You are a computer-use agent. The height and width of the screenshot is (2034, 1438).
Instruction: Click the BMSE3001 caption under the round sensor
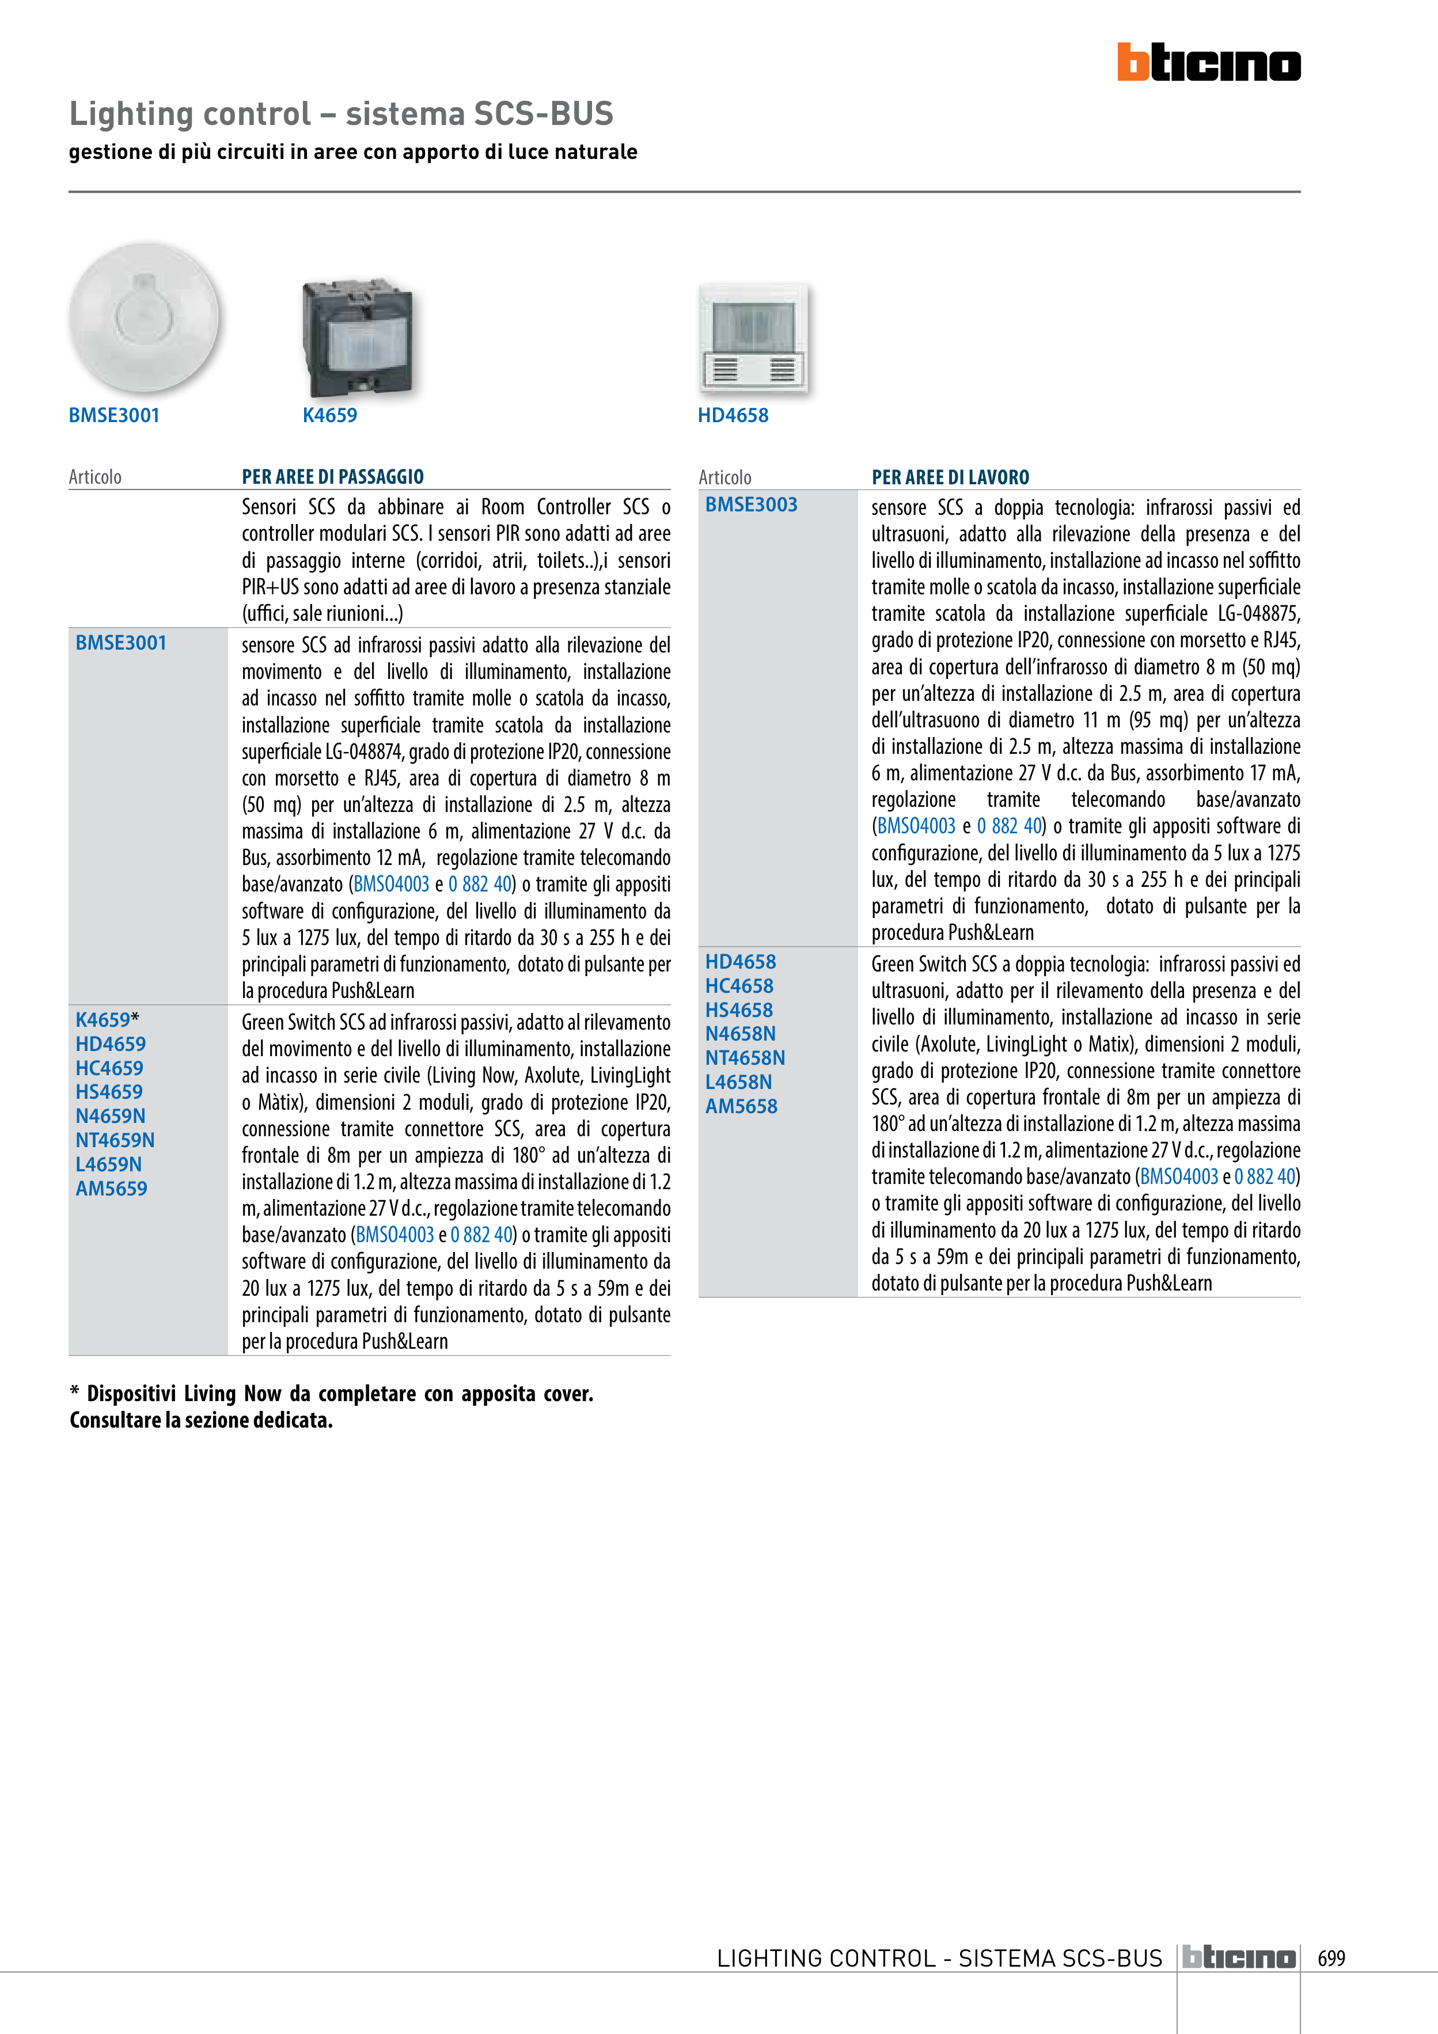coord(114,415)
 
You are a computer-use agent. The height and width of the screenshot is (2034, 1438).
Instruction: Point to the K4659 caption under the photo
coord(329,415)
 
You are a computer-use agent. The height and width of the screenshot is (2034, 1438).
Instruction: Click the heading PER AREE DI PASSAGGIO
coord(332,477)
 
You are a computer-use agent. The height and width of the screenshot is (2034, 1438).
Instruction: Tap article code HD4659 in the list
coord(111,1045)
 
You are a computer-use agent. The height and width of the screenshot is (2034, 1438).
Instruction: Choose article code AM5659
coord(112,1189)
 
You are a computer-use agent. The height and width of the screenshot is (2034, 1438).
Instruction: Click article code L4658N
coord(738,1081)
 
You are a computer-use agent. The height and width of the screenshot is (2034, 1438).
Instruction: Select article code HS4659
coord(109,1092)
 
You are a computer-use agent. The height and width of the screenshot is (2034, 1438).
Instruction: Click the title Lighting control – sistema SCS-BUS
coord(341,114)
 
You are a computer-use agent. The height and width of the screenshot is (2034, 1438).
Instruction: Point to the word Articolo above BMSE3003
coord(725,477)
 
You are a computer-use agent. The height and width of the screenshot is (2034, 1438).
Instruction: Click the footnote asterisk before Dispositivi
coord(74,1392)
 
